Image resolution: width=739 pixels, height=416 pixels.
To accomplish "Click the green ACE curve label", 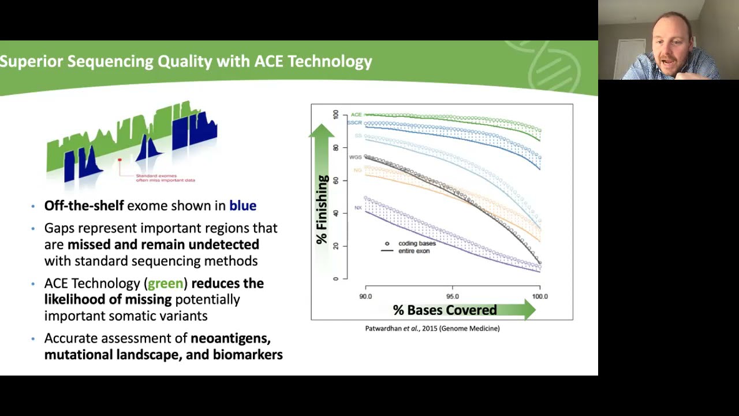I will coord(356,115).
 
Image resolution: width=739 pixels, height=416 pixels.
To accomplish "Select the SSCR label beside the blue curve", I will coord(354,123).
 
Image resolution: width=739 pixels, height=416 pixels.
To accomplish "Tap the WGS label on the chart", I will coord(355,157).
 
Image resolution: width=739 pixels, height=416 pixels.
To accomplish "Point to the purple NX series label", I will coord(358,207).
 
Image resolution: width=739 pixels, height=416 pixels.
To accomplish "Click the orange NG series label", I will coord(357,170).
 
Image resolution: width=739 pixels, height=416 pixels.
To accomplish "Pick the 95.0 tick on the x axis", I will coord(452,296).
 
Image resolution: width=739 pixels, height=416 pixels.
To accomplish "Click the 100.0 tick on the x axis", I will coord(540,296).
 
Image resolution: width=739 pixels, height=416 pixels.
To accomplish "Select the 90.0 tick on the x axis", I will coord(365,296).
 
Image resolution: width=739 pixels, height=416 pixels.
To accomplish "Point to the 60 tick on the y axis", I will coord(336,180).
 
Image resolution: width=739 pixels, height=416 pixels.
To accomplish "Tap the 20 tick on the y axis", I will coord(336,246).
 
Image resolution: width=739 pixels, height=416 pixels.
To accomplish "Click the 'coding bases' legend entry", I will coord(416,243).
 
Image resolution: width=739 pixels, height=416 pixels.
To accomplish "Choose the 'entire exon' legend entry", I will coord(414,251).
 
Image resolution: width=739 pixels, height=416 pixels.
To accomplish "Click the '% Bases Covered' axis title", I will coord(445,310).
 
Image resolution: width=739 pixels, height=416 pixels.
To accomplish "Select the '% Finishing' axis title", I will coord(322,209).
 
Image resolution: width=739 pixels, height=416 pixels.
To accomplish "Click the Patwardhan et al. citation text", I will coord(432,328).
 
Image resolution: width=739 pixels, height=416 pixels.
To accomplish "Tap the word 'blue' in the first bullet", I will coord(242,206).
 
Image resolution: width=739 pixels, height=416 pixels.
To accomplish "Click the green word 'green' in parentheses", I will coord(165,283).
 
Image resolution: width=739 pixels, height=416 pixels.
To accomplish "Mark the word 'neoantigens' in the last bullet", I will coord(230,338).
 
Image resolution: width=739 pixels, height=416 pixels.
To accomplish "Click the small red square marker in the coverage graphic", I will coord(120,160).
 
